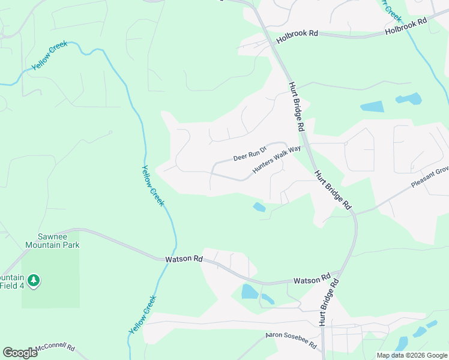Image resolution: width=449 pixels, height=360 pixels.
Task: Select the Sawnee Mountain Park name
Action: tap(52, 241)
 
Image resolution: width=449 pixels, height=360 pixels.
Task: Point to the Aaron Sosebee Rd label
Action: tap(292, 340)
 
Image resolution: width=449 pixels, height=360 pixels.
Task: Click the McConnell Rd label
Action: tap(55, 348)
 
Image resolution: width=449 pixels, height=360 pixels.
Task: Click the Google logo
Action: tap(20, 352)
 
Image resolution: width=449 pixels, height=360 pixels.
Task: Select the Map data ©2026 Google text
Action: tap(411, 355)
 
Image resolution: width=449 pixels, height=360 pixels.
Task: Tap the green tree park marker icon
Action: tap(34, 280)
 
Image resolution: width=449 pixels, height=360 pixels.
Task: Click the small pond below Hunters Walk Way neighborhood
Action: tap(259, 207)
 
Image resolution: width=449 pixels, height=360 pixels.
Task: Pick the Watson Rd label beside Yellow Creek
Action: tap(184, 259)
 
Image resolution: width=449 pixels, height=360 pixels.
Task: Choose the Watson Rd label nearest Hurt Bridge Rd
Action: tap(312, 280)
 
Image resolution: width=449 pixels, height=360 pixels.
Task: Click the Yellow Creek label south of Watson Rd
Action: tap(142, 315)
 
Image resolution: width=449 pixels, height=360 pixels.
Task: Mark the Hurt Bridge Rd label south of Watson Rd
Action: tap(327, 303)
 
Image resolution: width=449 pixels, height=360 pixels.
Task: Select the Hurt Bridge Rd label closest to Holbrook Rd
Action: tap(297, 107)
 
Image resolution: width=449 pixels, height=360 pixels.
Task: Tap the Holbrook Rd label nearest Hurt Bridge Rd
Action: tap(297, 34)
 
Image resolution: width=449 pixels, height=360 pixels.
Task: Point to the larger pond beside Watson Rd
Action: tap(249, 292)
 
